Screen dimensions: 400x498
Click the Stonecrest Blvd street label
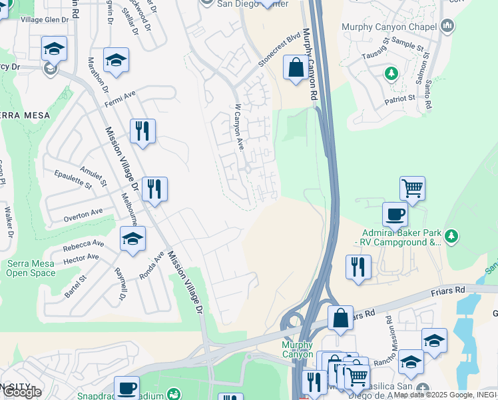click(x=280, y=50)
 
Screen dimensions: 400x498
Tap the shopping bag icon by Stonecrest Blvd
click(x=295, y=68)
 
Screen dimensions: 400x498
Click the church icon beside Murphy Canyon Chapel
click(x=447, y=27)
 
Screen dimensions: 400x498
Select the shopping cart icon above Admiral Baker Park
click(x=412, y=189)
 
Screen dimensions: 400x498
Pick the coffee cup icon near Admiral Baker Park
click(x=395, y=215)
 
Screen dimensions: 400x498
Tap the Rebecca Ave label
click(x=84, y=245)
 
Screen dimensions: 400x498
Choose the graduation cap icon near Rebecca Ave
click(x=132, y=239)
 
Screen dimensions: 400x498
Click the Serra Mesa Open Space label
click(x=31, y=268)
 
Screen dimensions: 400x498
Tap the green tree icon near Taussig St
click(x=391, y=73)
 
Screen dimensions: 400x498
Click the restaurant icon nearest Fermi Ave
click(x=142, y=131)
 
